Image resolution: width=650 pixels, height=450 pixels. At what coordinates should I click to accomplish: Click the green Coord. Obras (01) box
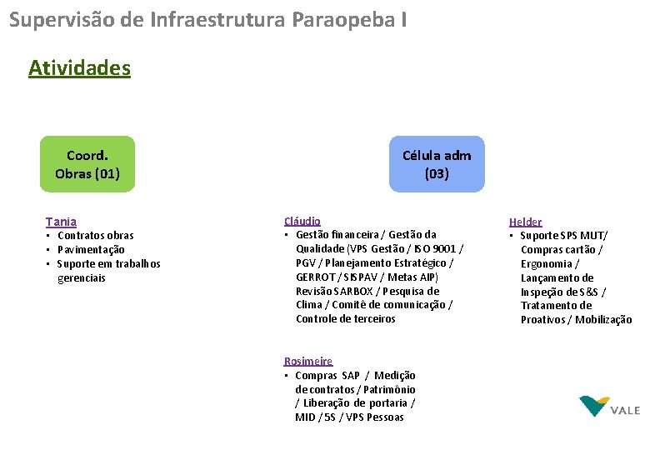click(x=87, y=164)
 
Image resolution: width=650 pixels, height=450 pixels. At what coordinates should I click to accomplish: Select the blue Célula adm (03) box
click(x=436, y=164)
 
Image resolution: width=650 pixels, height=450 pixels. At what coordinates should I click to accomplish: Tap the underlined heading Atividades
click(x=79, y=67)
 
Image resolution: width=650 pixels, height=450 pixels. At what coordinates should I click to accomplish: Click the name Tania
click(x=61, y=222)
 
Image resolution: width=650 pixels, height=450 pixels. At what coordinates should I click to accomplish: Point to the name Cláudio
click(x=302, y=221)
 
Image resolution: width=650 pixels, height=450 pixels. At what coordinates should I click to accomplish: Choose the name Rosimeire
click(x=307, y=361)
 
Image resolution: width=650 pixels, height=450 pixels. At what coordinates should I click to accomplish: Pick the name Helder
click(x=525, y=222)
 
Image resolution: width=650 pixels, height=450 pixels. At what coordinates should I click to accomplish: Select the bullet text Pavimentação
click(x=91, y=249)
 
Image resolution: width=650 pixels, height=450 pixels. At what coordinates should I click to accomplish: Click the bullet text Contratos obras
click(x=95, y=235)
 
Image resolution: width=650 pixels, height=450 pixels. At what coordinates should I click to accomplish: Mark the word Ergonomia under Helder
click(x=546, y=263)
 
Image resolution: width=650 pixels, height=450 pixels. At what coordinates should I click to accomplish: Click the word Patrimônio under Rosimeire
click(x=388, y=389)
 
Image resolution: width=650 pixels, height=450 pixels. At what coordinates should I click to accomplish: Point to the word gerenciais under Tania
click(x=82, y=277)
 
